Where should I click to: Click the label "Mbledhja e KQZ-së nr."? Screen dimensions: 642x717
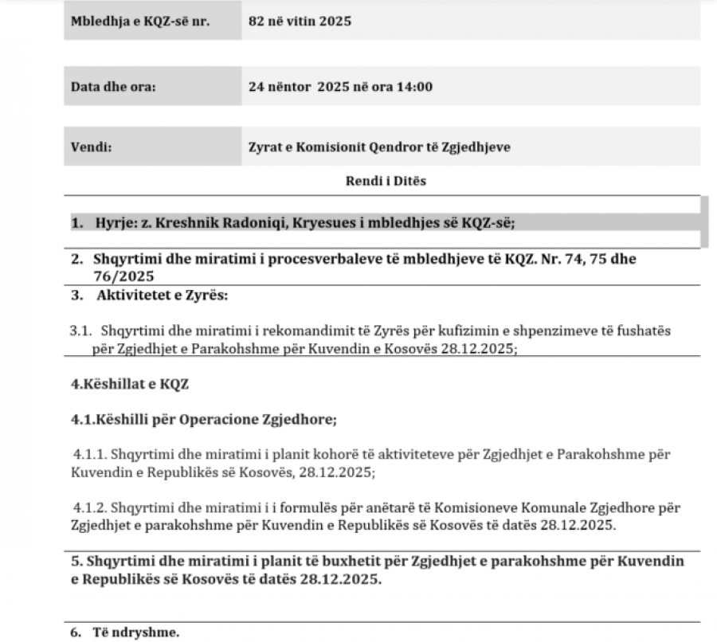point(140,22)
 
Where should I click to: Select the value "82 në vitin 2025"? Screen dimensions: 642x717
point(300,22)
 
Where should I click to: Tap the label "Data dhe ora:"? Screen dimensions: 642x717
point(113,87)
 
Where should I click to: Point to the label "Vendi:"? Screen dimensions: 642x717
point(92,147)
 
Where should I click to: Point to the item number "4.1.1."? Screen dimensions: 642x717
point(90,455)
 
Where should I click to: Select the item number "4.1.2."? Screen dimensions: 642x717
point(90,507)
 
